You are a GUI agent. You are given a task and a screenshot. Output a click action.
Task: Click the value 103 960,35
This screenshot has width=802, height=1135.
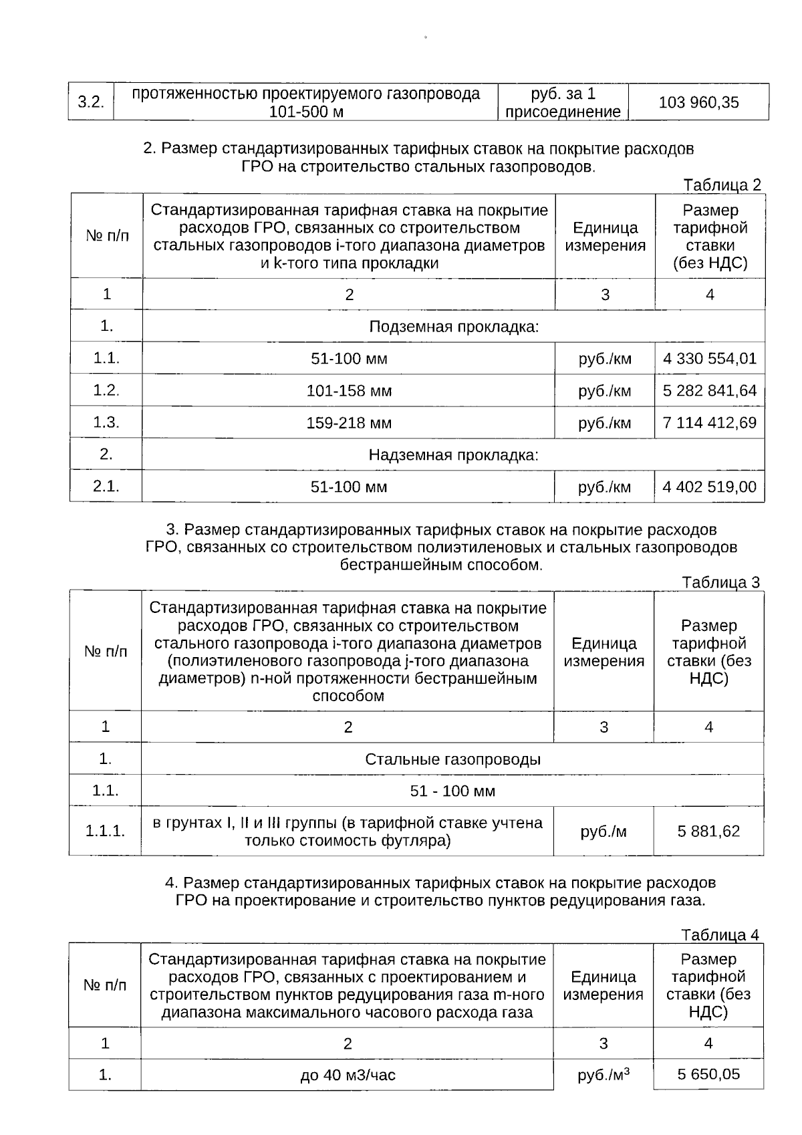coord(698,102)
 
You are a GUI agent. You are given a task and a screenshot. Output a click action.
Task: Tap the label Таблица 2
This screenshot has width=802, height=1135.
coord(722,185)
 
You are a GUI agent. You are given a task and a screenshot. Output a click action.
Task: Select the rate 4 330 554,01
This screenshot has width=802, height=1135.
coord(709,359)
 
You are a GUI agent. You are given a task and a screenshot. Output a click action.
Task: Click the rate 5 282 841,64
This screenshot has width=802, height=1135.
coord(709,390)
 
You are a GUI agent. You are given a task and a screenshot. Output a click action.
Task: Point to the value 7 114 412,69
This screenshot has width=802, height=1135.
coord(709,422)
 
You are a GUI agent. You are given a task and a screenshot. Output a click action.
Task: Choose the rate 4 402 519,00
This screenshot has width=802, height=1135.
coord(709,487)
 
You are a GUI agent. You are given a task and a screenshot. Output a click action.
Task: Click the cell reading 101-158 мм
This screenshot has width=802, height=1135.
coord(349,390)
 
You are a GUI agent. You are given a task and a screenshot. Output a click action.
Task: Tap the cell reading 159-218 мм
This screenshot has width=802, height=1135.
coord(349,422)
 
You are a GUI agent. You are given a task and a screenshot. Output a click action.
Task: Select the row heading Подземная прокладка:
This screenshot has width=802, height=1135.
coord(454,327)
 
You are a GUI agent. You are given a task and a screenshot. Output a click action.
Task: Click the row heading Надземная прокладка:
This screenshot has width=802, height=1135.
coord(454,455)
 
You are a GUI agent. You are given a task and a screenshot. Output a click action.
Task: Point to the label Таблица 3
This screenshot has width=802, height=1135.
coord(720,582)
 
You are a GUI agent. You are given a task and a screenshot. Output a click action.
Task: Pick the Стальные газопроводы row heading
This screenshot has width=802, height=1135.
coord(452,759)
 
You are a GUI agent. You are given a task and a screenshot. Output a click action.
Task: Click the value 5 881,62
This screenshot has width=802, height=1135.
coord(708,832)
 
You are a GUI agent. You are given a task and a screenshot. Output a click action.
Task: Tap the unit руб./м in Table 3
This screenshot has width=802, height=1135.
coord(604,832)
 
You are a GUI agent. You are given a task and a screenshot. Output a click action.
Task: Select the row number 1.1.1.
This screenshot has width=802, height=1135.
coord(105,832)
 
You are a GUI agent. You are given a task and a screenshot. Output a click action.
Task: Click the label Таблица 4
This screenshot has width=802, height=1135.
coord(720,934)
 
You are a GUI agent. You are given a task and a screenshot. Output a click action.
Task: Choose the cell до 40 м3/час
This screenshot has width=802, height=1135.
coord(348,1076)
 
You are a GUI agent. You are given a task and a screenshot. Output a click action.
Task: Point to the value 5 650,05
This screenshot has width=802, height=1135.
coord(708,1074)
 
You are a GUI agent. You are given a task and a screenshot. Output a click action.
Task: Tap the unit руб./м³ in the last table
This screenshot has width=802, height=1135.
coord(604,1075)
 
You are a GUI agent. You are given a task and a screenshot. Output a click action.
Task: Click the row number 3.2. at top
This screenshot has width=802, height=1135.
coord(91,102)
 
